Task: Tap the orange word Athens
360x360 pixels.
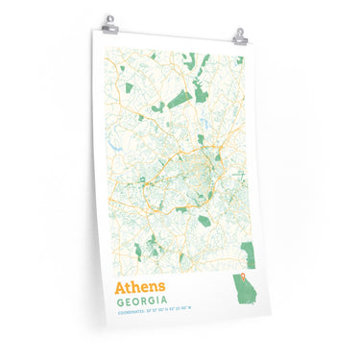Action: [139, 287]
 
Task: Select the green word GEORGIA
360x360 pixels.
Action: [147, 301]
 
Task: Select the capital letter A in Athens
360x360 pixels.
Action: [119, 287]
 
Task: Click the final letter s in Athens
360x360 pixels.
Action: [161, 288]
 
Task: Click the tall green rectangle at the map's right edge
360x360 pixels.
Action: [249, 253]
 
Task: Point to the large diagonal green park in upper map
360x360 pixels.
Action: [179, 98]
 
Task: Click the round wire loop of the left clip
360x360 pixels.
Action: [111, 17]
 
